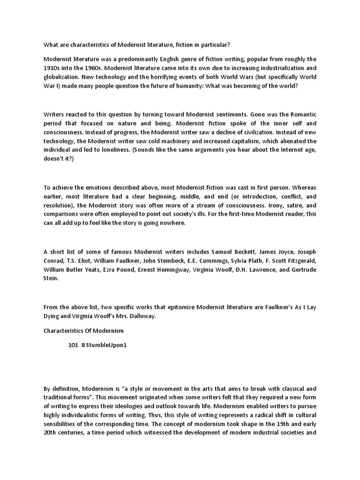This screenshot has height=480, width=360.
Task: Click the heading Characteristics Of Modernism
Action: (83, 330)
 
